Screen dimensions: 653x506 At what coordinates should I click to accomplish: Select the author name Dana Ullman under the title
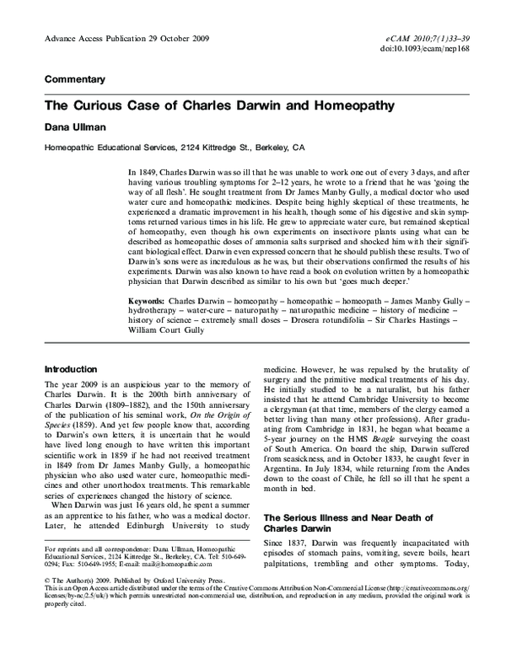pyautogui.click(x=75, y=128)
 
